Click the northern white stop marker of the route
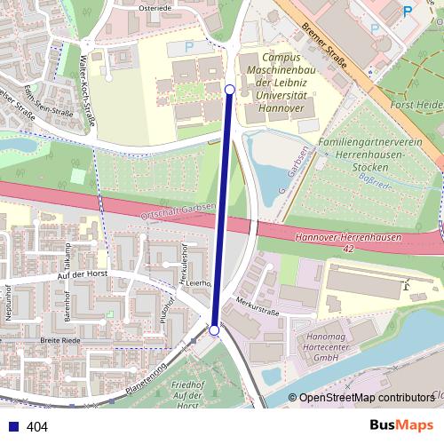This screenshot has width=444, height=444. pyautogui.click(x=230, y=89)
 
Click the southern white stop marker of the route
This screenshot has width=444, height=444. pyautogui.click(x=214, y=330)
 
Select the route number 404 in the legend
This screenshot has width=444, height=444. pyautogui.click(x=37, y=426)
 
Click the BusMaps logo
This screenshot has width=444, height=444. pyautogui.click(x=401, y=425)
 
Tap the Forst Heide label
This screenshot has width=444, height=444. pyautogui.click(x=417, y=105)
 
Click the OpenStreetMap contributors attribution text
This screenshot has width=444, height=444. pyautogui.click(x=365, y=399)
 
